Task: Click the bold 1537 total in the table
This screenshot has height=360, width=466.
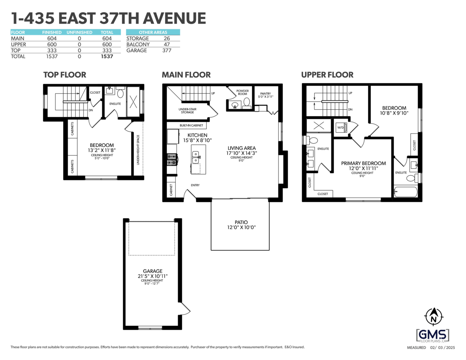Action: pyautogui.click(x=107, y=56)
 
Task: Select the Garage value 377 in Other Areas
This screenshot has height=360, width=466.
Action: pyautogui.click(x=167, y=50)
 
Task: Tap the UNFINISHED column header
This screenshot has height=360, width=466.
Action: pyautogui.click(x=79, y=32)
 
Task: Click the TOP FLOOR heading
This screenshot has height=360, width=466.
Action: pyautogui.click(x=64, y=75)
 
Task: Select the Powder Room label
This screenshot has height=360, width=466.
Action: pyautogui.click(x=243, y=92)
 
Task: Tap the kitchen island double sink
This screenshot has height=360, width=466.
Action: pyautogui.click(x=195, y=157)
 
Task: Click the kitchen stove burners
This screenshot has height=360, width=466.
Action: pyautogui.click(x=172, y=160)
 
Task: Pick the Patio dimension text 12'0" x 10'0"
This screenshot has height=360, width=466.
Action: pyautogui.click(x=242, y=227)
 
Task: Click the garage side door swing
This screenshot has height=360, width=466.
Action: pyautogui.click(x=184, y=309)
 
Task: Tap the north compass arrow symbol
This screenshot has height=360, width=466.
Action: pyautogui.click(x=434, y=317)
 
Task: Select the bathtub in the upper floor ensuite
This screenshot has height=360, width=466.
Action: pyautogui.click(x=406, y=191)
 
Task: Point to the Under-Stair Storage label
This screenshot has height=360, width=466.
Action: pyautogui.click(x=188, y=111)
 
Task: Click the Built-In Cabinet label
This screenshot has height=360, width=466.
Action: pyautogui.click(x=191, y=125)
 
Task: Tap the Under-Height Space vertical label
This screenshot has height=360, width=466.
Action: pyautogui.click(x=138, y=150)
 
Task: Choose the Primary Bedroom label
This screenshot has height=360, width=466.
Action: pyautogui.click(x=363, y=163)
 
